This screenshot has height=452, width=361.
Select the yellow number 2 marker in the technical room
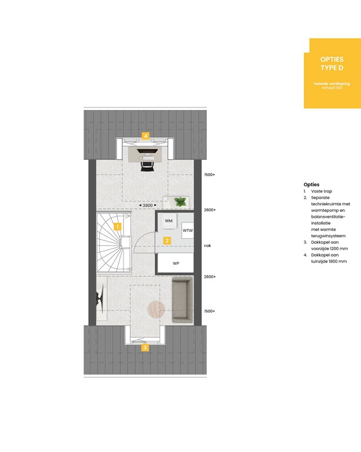[x=167, y=240]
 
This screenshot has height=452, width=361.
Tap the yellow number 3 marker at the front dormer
[x=145, y=347]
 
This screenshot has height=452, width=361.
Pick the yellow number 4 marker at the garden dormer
[x=145, y=135]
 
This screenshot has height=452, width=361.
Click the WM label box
[x=169, y=221]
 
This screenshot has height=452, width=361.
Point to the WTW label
[x=188, y=231]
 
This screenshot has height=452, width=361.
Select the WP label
[x=176, y=263]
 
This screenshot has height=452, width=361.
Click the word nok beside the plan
[x=207, y=246]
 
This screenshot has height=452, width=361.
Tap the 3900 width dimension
[x=145, y=205]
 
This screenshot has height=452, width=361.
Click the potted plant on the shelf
[x=181, y=202]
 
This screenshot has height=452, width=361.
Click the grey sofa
[x=182, y=301]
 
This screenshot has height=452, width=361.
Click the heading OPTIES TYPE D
[x=332, y=64]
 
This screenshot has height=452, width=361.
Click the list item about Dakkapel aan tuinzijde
[x=329, y=258]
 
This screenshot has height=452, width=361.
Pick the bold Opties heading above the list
[x=312, y=184]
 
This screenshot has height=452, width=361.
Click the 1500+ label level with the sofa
[x=210, y=311]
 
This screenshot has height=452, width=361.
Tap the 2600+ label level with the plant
[x=210, y=210]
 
